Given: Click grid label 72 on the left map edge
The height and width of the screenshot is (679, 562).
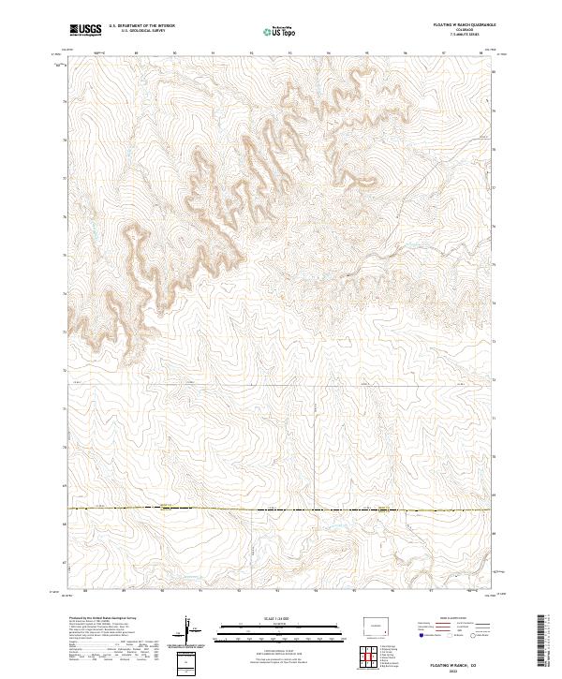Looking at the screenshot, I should (65, 371).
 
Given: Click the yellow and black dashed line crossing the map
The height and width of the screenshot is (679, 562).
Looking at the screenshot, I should (281, 509).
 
